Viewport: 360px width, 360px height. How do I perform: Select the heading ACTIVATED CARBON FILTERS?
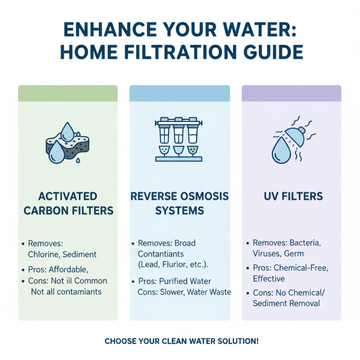pyautogui.click(x=67, y=203)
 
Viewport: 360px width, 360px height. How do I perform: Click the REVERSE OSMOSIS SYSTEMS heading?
pyautogui.click(x=180, y=203)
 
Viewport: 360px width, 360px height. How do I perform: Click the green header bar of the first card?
pyautogui.click(x=67, y=93)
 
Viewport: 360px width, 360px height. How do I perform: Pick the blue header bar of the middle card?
pyautogui.click(x=180, y=93)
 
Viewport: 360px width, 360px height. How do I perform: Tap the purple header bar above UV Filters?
pyautogui.click(x=292, y=93)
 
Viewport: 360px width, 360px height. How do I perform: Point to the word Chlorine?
pyautogui.click(x=44, y=254)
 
